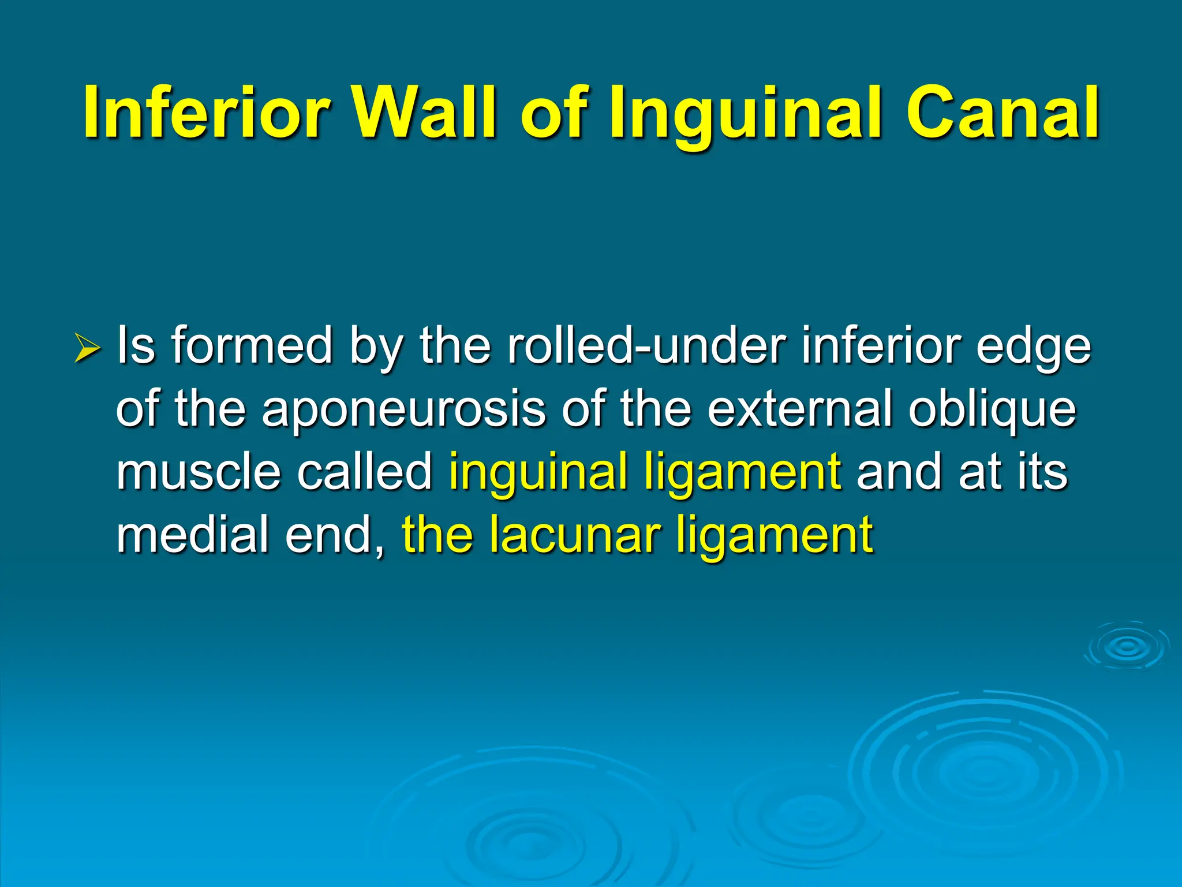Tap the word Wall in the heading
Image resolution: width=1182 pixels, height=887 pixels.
(424, 113)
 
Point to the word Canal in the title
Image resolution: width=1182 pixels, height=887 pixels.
(1002, 113)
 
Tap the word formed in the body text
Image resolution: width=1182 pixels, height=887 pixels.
(252, 346)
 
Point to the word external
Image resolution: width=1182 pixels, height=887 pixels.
(800, 409)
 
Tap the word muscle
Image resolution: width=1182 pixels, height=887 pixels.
(199, 472)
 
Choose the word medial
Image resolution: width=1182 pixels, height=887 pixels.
(192, 534)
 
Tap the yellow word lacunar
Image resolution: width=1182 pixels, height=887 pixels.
(574, 534)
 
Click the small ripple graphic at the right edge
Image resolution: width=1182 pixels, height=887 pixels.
(1126, 647)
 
